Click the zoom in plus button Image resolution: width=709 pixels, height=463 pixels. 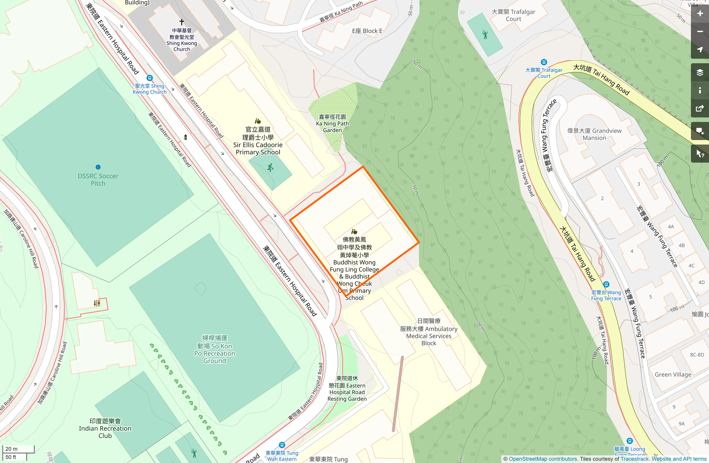click(700, 14)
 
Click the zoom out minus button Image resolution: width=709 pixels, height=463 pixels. click(700, 32)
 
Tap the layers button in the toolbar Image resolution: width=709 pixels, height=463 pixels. click(700, 73)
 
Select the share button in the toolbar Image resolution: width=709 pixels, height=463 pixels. click(700, 109)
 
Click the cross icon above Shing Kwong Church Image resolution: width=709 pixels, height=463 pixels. click(182, 22)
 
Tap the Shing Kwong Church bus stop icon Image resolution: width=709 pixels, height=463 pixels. click(150, 78)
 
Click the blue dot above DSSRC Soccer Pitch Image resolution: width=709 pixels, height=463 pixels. click(98, 167)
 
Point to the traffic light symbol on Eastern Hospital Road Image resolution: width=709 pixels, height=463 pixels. click(186, 137)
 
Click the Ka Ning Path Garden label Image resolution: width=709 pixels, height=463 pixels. click(332, 123)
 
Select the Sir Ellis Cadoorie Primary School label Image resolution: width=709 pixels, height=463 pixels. click(258, 141)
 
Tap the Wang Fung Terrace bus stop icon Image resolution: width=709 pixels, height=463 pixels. click(606, 285)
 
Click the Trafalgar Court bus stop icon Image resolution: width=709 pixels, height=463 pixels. click(544, 62)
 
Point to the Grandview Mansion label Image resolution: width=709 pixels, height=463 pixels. click(594, 134)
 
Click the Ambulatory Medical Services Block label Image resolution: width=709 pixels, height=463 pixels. click(429, 332)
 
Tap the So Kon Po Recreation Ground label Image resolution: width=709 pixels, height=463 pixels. click(215, 349)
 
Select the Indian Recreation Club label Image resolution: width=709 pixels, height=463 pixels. click(105, 428)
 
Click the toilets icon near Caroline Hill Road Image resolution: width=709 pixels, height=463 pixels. click(97, 303)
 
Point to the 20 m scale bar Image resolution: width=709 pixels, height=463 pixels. click(18, 449)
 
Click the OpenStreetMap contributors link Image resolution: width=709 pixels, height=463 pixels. click(543, 459)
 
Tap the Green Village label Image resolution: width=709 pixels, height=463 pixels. click(673, 375)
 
